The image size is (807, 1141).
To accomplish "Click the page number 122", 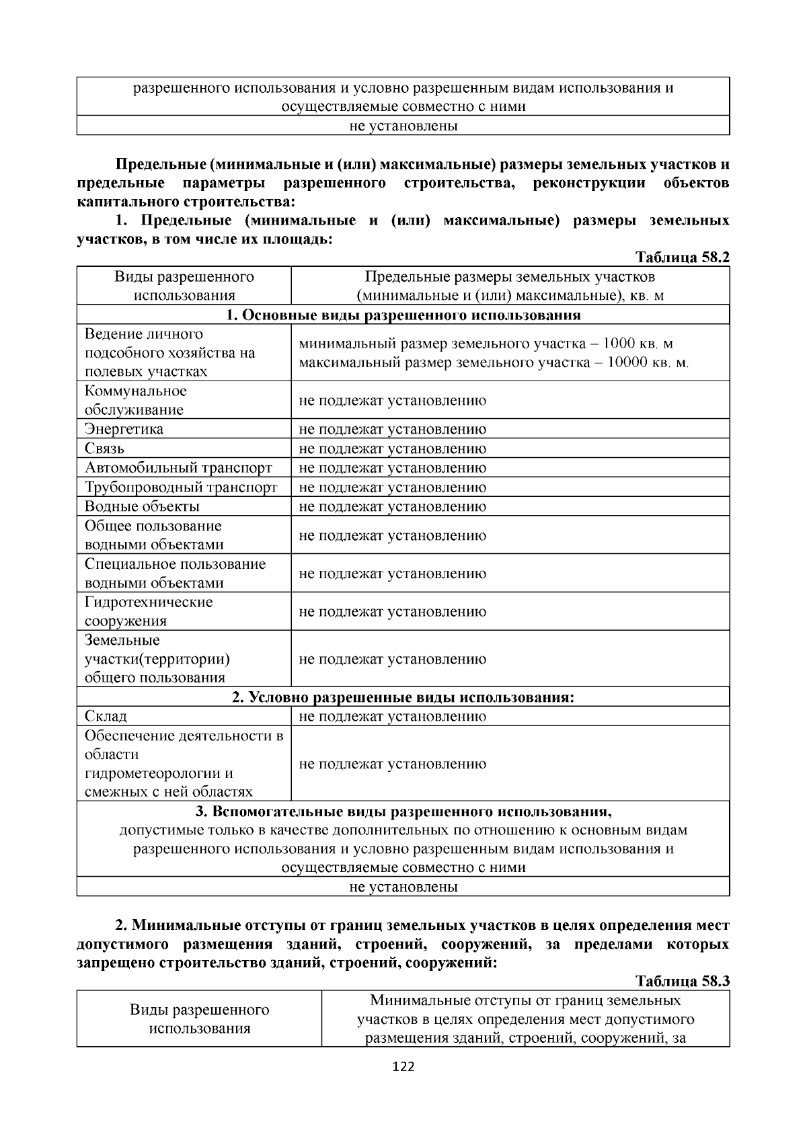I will click(403, 1067).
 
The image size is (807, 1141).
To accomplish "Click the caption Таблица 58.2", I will click(683, 258).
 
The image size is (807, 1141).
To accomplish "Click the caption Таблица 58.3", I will click(683, 981).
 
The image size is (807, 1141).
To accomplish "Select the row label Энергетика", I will click(124, 429).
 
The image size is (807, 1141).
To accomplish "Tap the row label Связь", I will click(104, 448).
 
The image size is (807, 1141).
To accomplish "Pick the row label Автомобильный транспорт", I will click(178, 468).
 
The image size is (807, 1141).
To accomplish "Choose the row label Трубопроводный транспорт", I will click(180, 487).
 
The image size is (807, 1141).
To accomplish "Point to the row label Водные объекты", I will click(142, 506).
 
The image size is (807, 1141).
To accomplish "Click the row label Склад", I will click(106, 716).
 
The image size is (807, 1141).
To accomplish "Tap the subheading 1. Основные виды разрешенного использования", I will click(403, 315).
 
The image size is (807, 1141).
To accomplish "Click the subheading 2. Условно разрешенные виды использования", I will click(403, 697).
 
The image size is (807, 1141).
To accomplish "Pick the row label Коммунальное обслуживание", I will click(135, 400).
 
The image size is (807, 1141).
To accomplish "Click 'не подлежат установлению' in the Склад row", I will click(392, 716).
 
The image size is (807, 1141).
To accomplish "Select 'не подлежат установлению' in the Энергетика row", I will click(392, 429).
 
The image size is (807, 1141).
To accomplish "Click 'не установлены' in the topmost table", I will click(403, 126).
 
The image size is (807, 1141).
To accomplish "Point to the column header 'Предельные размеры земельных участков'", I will click(510, 277).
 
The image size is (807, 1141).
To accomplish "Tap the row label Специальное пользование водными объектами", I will click(175, 573).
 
